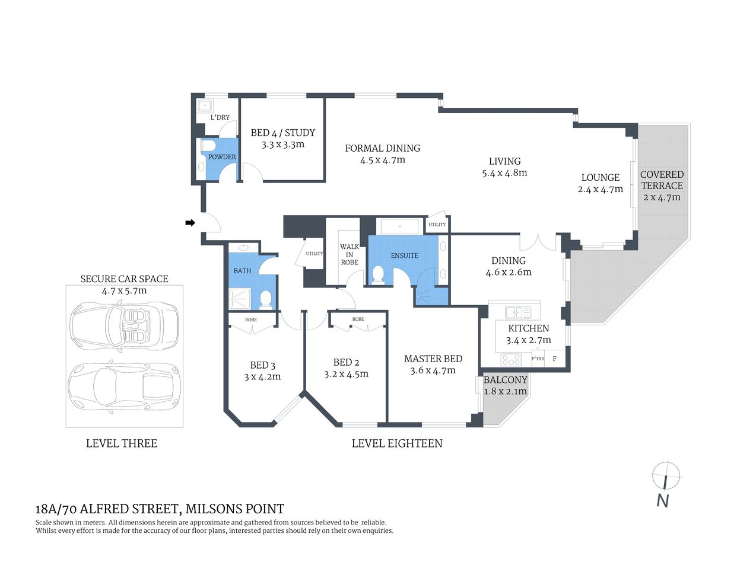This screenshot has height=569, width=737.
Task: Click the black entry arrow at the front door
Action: pyautogui.click(x=190, y=223)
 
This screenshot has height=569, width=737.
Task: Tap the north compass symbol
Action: pyautogui.click(x=665, y=475)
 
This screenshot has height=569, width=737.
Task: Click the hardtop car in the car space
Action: pyautogui.click(x=125, y=389)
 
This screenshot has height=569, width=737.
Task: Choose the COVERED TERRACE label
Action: pyautogui.click(x=662, y=180)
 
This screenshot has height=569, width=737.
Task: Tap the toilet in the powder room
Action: pyautogui.click(x=208, y=146)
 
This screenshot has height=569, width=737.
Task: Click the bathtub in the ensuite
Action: pyautogui.click(x=400, y=226)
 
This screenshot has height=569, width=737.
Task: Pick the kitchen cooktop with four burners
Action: pyautogui.click(x=511, y=359)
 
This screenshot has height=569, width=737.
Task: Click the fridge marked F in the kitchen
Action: pyautogui.click(x=555, y=359)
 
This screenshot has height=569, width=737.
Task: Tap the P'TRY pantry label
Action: pyautogui.click(x=538, y=359)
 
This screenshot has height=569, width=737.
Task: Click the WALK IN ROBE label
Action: pyautogui.click(x=349, y=254)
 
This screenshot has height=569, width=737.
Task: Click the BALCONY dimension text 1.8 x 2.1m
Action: pyautogui.click(x=505, y=391)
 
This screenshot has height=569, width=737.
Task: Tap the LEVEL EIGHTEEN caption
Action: pyautogui.click(x=396, y=443)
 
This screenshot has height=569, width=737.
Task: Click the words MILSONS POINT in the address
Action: pyautogui.click(x=234, y=509)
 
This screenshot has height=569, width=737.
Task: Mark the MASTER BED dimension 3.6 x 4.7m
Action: pyautogui.click(x=433, y=370)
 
